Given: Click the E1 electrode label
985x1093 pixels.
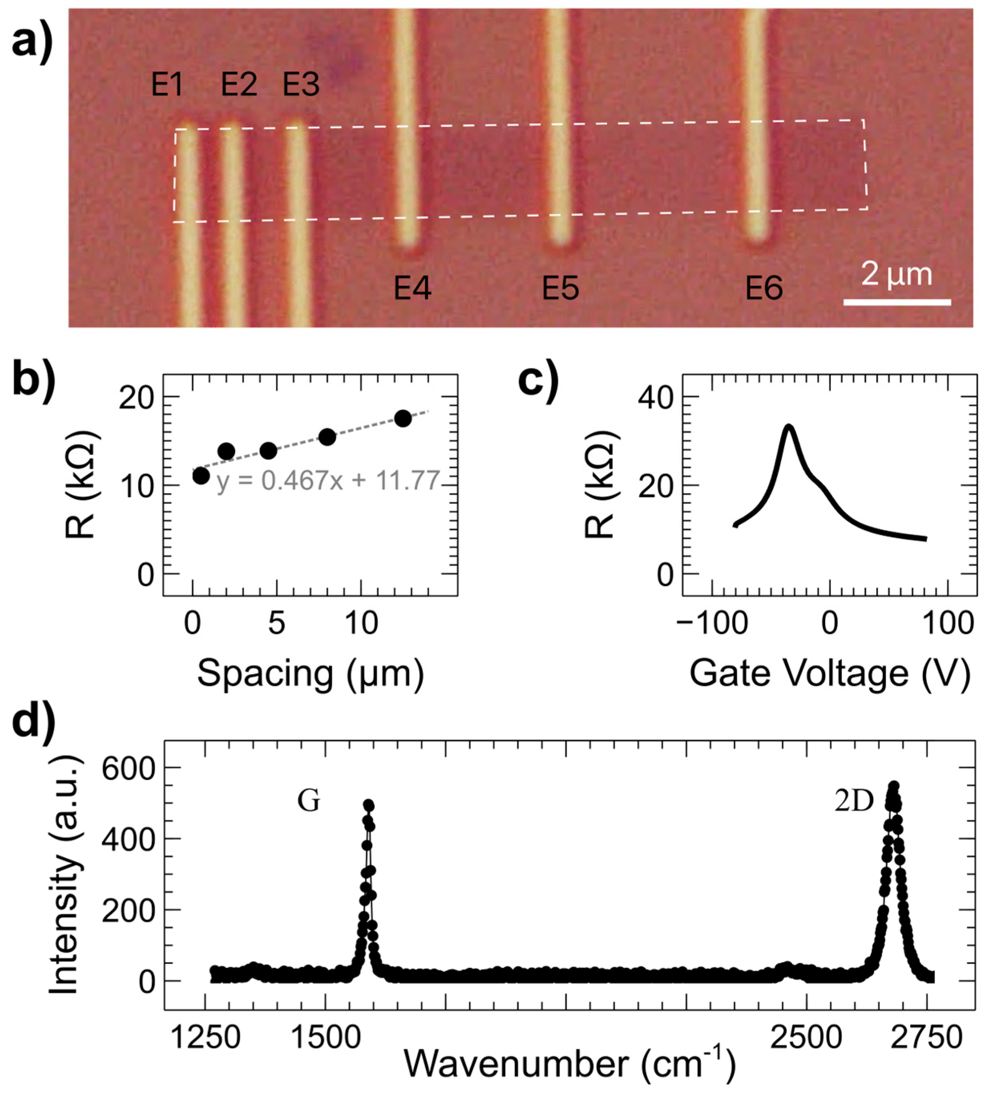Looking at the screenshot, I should (167, 85).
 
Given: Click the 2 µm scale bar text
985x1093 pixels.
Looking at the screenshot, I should (897, 274).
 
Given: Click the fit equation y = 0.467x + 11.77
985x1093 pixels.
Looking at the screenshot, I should (328, 480).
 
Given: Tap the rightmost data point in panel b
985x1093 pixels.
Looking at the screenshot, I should (403, 418).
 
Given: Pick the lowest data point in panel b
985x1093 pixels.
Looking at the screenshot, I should (201, 476).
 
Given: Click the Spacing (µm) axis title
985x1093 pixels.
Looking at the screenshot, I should (310, 674).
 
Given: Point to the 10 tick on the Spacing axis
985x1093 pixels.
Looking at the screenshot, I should (361, 623).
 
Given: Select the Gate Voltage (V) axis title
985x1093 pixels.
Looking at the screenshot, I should (830, 674).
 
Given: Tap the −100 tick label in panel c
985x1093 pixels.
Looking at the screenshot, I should (712, 623).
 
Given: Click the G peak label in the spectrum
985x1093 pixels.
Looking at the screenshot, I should (309, 801).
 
